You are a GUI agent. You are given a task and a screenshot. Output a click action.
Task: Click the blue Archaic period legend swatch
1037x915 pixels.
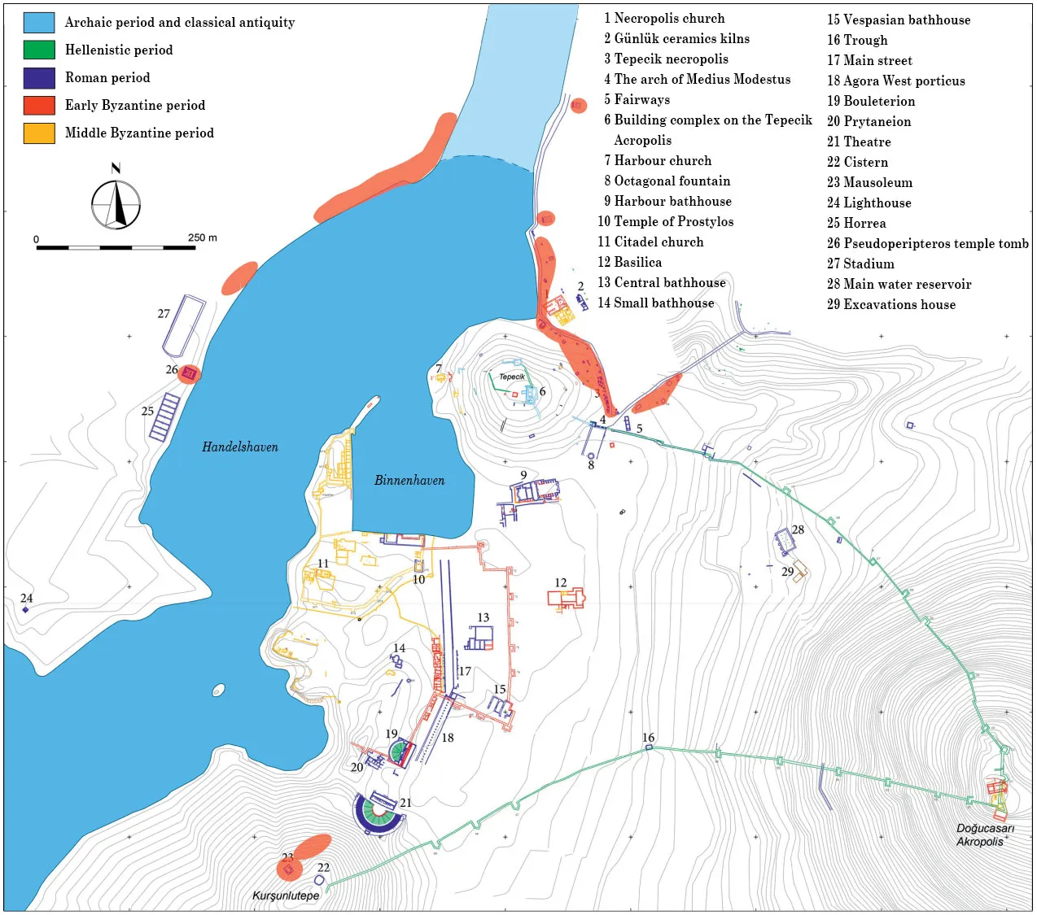pyautogui.click(x=39, y=23)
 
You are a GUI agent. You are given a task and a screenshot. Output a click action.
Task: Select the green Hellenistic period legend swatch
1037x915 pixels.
pyautogui.click(x=39, y=50)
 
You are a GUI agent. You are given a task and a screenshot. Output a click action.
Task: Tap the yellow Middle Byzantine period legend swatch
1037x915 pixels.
pyautogui.click(x=39, y=133)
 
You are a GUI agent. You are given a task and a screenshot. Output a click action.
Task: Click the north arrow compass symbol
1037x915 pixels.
pyautogui.click(x=116, y=203)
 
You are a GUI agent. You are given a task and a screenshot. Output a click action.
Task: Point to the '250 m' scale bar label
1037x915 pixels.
pyautogui.click(x=203, y=237)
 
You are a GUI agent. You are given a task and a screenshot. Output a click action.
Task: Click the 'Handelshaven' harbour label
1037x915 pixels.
pyautogui.click(x=240, y=447)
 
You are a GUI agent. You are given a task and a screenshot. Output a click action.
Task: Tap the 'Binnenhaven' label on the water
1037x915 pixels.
pyautogui.click(x=409, y=481)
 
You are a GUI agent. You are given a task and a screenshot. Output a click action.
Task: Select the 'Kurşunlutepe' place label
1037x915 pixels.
pyautogui.click(x=286, y=895)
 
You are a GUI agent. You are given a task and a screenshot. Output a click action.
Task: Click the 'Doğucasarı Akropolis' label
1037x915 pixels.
pyautogui.click(x=985, y=834)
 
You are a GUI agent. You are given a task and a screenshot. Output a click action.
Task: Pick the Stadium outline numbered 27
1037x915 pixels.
pyautogui.click(x=184, y=326)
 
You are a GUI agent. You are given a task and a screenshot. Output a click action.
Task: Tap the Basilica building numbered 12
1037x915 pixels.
pyautogui.click(x=567, y=599)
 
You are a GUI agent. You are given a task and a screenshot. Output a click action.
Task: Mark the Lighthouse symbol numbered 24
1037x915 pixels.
pyautogui.click(x=25, y=609)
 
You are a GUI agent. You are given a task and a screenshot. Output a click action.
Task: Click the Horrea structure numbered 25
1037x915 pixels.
pyautogui.click(x=164, y=416)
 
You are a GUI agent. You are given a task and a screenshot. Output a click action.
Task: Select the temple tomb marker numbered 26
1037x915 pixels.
pyautogui.click(x=190, y=373)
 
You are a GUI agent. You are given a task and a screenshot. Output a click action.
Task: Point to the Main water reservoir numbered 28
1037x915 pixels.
pyautogui.click(x=785, y=541)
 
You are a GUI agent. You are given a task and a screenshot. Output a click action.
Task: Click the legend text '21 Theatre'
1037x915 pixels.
pyautogui.click(x=859, y=142)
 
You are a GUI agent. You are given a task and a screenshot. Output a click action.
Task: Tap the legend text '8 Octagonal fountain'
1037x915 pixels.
pyautogui.click(x=667, y=181)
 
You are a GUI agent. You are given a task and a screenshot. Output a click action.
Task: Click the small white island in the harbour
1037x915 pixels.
pyautogui.click(x=218, y=691)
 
